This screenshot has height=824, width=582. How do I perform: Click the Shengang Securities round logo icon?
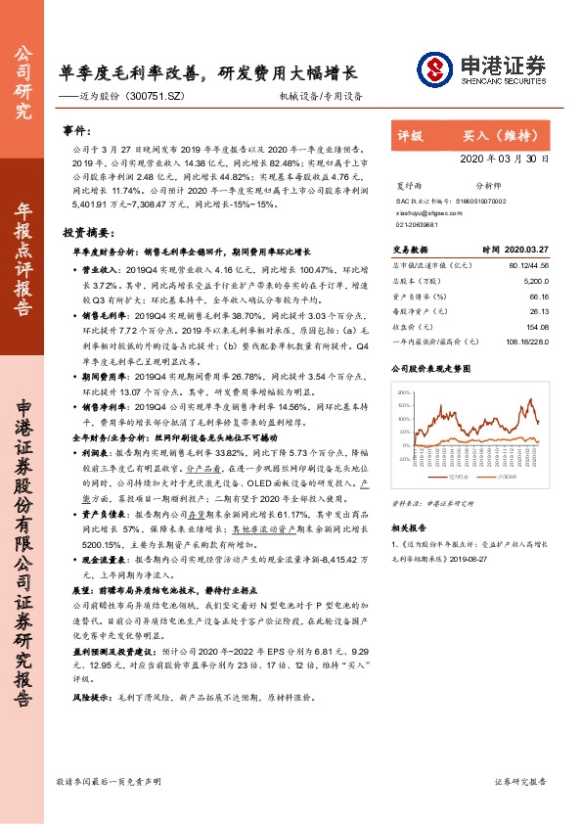tap(433, 69)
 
